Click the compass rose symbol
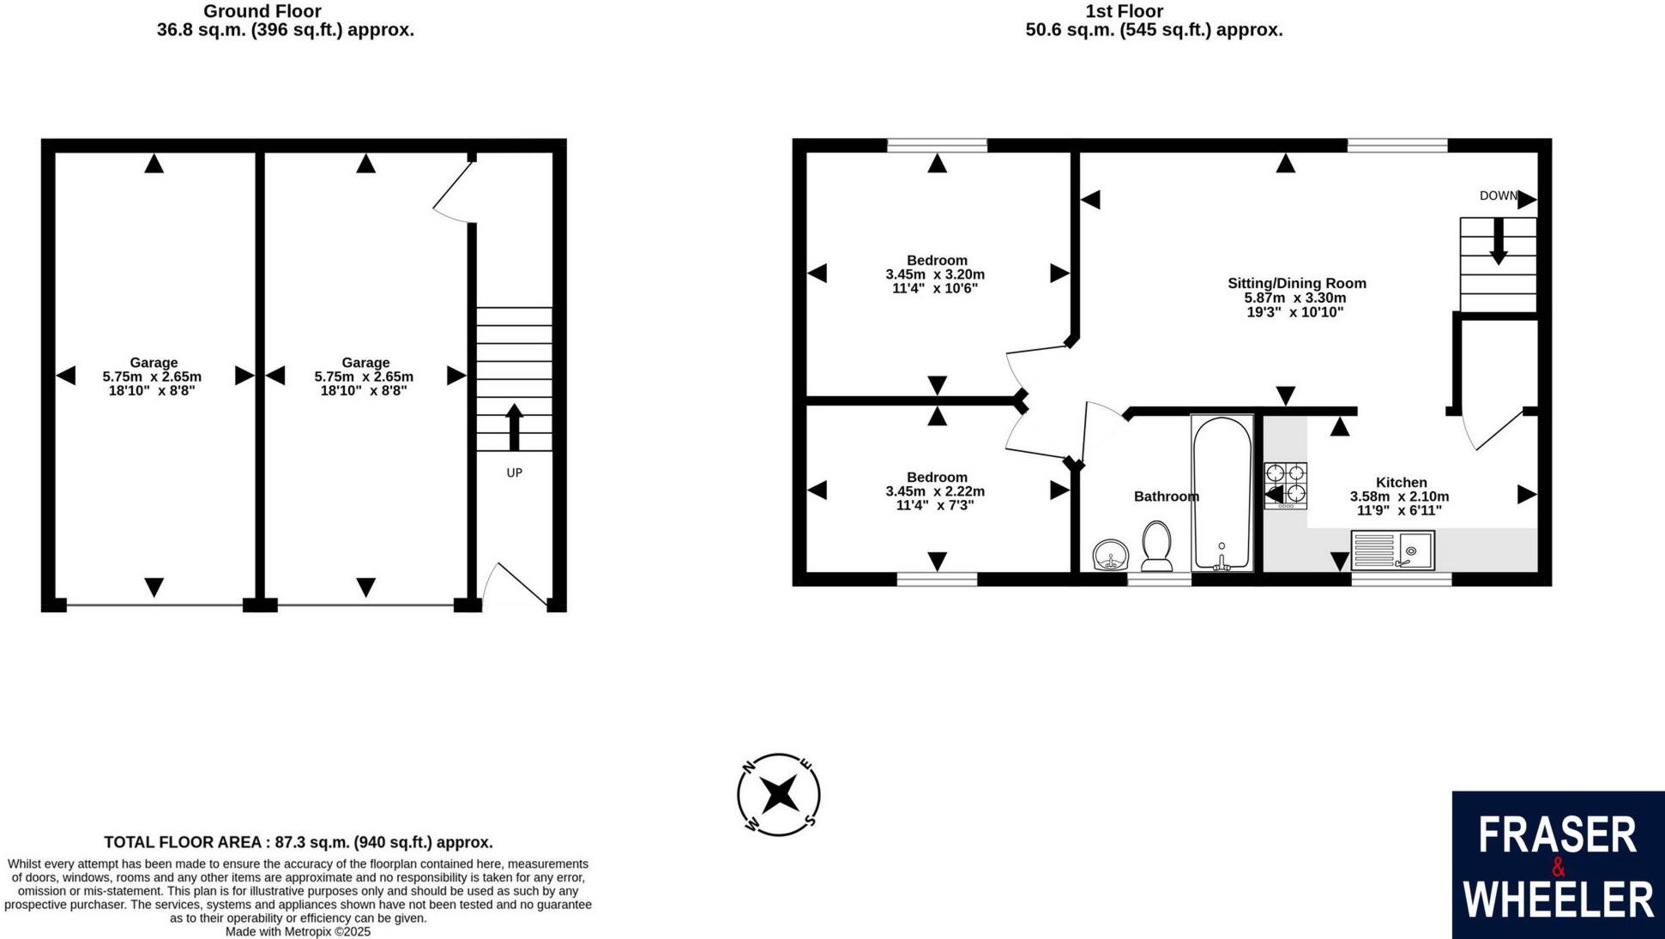779,795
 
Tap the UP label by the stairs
514,473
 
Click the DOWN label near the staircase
1498,196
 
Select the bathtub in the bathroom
1222,494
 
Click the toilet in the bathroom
1157,545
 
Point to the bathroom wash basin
1113,555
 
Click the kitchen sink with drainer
1392,551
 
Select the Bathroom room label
1165,497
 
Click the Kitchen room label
1401,483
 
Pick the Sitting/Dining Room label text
1296,283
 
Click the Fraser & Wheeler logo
1558,864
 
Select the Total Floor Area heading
298,842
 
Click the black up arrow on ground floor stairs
514,427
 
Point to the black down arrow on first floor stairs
1498,242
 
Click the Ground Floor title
262,11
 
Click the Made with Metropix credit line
298,931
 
